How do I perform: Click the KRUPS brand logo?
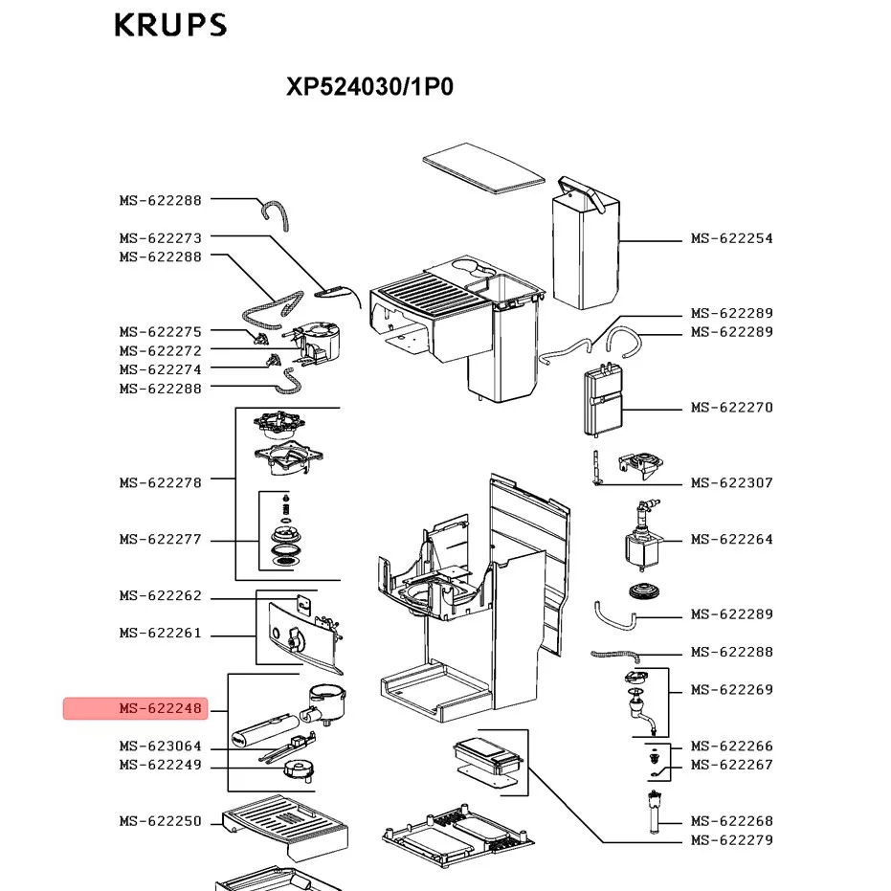(x=170, y=25)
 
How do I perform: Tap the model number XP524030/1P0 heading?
(x=369, y=87)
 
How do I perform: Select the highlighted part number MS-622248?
(x=161, y=709)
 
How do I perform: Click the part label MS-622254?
(x=731, y=238)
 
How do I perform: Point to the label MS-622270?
(x=731, y=408)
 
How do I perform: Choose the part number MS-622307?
(x=731, y=483)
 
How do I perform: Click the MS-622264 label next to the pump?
(x=731, y=540)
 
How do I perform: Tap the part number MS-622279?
(x=731, y=841)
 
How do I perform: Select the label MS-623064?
(x=161, y=746)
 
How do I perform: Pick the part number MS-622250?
(x=161, y=821)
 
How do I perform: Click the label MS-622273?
(x=161, y=237)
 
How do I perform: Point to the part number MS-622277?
(x=161, y=540)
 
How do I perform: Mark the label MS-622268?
(x=731, y=821)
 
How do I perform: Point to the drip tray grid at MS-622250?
(x=284, y=823)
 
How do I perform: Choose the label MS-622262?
(x=161, y=596)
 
